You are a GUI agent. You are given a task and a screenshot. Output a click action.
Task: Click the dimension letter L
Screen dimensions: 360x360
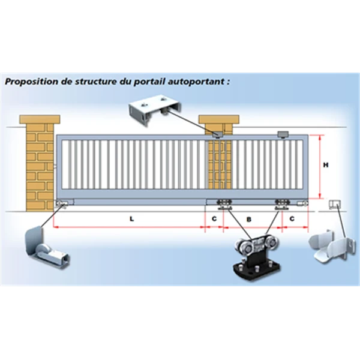coord(131,219)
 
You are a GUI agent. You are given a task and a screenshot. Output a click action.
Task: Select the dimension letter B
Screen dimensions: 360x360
coord(249,220)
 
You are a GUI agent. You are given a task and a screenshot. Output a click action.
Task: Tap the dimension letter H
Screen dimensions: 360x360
coord(326,165)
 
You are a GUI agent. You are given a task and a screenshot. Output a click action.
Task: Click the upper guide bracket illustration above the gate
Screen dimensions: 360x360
coord(155,110)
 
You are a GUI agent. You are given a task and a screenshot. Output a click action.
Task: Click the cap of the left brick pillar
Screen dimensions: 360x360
coord(40,119)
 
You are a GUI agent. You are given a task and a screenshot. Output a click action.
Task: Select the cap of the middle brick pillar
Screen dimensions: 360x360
coord(219,119)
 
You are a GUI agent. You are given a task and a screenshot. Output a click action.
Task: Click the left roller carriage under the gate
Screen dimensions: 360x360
coord(224,205)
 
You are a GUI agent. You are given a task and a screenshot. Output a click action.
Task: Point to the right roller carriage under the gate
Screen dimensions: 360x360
coord(283,205)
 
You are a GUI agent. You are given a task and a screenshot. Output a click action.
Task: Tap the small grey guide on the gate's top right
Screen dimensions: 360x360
coord(283,134)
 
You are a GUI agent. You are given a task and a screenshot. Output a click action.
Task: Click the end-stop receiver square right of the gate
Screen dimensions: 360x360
coord(335,205)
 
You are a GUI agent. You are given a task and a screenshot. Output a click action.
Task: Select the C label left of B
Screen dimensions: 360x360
coord(214,219)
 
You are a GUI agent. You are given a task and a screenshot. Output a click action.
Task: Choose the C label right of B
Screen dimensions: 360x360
coord(292,219)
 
